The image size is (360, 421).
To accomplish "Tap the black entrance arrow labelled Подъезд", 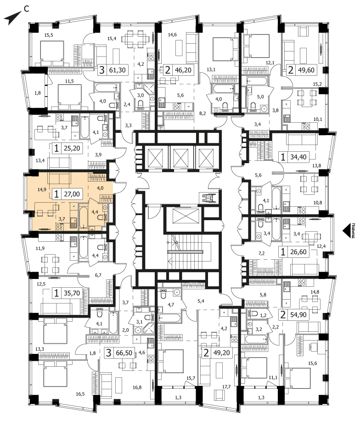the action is (346, 231).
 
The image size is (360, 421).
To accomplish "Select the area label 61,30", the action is (118, 70).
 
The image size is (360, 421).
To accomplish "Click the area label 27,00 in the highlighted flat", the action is (72, 194).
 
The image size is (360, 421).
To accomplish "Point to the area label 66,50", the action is (124, 353).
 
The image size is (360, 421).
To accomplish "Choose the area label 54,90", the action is (298, 314).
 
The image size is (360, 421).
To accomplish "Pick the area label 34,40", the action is (298, 157).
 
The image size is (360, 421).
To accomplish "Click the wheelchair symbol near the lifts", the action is (208, 198).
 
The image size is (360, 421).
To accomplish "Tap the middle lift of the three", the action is (181, 157).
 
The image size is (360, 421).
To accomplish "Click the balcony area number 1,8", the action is (38, 93).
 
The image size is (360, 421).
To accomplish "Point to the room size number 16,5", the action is (80, 394).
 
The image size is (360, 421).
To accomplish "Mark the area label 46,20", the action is (183, 70).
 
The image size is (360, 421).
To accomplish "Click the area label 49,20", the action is (221, 353).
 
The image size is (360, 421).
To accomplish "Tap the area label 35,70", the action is (72, 293).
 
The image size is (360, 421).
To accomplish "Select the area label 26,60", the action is (298, 252).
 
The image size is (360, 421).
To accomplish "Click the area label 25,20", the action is (72, 148).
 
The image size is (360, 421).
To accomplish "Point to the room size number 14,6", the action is (173, 34).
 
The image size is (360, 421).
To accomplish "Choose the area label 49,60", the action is (305, 70).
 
